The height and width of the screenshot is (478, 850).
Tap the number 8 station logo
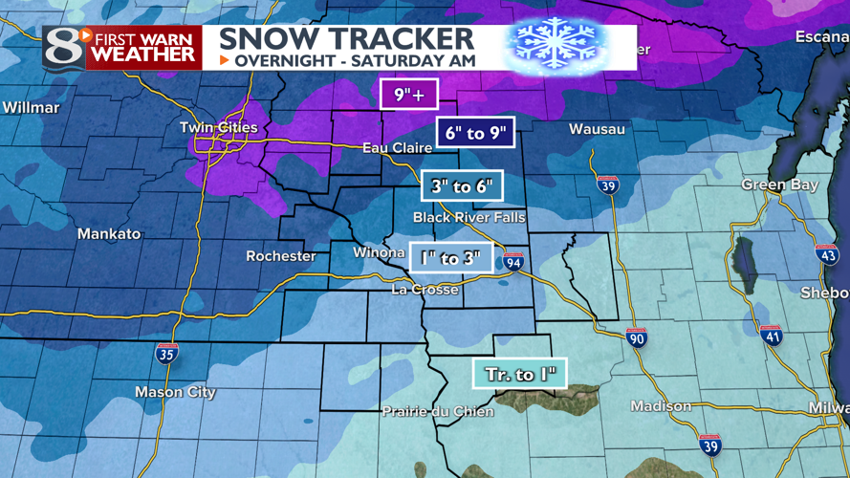point(63,47)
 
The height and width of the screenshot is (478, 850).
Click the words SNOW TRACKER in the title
point(346,38)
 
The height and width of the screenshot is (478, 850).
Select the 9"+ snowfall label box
point(407,95)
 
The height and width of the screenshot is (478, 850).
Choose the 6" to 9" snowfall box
point(475,133)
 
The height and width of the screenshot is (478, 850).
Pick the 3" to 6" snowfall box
point(462,186)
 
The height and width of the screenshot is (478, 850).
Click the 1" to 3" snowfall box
point(451,257)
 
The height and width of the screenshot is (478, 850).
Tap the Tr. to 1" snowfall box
point(520,374)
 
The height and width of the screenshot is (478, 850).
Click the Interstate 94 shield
point(513,261)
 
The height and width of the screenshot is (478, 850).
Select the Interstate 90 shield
point(637,337)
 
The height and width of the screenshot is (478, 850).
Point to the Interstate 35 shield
point(166,353)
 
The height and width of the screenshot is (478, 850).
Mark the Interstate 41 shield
point(772,335)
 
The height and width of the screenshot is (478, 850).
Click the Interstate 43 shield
point(827,253)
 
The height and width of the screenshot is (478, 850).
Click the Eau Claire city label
point(397,148)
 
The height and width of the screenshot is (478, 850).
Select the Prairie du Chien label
point(438,411)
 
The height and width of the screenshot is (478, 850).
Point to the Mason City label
point(175,392)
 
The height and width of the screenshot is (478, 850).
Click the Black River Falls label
point(469,218)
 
